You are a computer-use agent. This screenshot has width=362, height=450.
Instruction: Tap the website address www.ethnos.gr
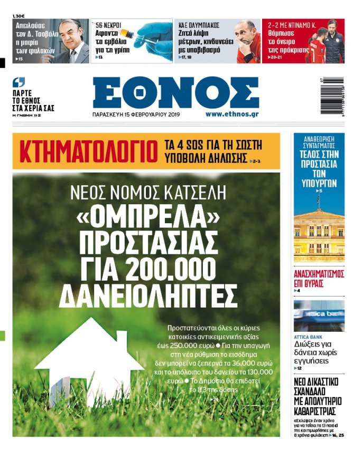click(232, 114)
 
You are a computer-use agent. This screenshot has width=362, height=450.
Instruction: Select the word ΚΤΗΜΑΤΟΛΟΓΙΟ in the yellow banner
click(88, 151)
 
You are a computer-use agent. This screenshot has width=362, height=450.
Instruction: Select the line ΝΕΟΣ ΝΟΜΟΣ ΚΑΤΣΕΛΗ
click(146, 193)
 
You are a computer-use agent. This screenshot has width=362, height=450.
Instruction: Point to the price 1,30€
click(19, 16)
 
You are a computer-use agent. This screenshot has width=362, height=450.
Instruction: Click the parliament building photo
click(319, 231)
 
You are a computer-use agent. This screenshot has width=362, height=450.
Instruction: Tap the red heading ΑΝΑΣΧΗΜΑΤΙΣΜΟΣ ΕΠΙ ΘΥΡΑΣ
click(319, 278)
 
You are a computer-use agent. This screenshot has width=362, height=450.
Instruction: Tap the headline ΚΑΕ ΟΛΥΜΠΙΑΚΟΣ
click(199, 25)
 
